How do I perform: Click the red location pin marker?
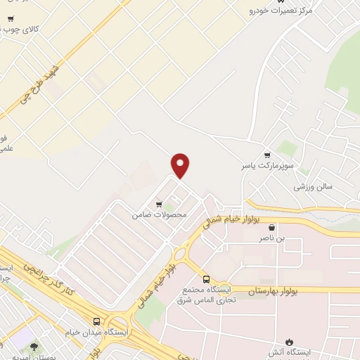(x=181, y=165)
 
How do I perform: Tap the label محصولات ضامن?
(x=159, y=214)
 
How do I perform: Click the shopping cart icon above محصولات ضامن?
(x=159, y=204)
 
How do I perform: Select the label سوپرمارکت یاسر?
(x=266, y=165)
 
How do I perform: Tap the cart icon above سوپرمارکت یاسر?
(x=266, y=155)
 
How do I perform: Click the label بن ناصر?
(x=271, y=238)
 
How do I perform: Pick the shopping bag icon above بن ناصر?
(x=271, y=228)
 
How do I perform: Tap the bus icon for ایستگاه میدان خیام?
(x=96, y=321)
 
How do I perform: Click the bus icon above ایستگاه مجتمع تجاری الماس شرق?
(x=207, y=278)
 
